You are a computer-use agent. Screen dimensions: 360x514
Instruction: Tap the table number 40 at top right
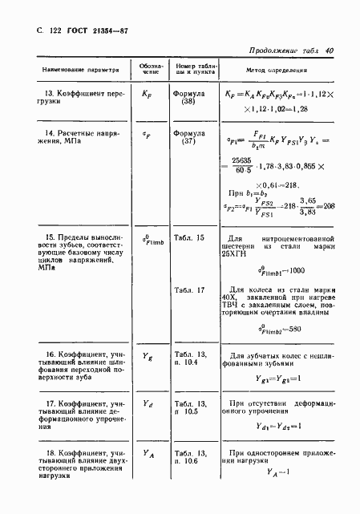330,51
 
